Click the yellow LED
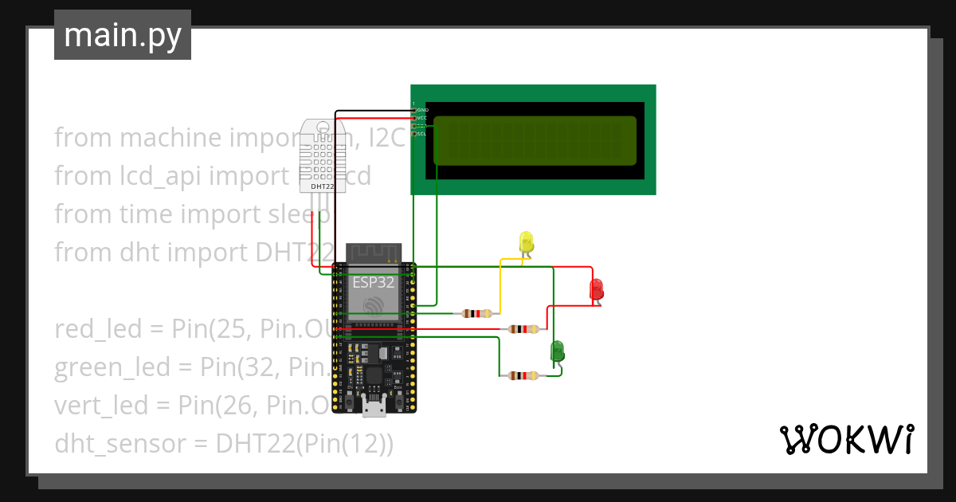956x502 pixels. [526, 241]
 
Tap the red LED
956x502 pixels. [597, 289]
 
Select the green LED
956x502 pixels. [557, 351]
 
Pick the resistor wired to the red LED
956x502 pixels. [523, 329]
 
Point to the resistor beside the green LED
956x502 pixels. [523, 376]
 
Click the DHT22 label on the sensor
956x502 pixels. [322, 186]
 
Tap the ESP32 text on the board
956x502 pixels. [374, 282]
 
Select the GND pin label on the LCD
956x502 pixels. [422, 110]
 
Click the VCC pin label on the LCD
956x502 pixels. [422, 118]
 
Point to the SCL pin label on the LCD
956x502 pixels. [422, 134]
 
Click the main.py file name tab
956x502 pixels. [123, 35]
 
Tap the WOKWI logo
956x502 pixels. [846, 439]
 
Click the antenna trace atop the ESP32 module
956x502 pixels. [374, 253]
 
